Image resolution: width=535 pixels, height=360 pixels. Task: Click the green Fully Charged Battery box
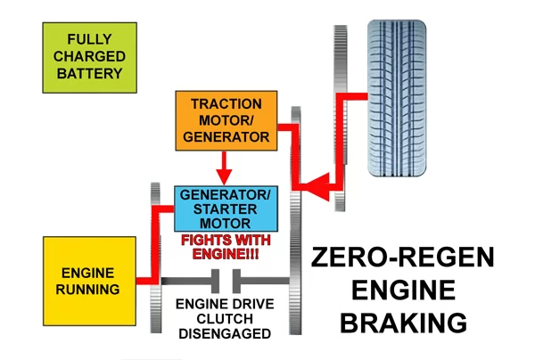click(x=83, y=56)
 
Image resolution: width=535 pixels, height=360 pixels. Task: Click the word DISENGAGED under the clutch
click(x=218, y=334)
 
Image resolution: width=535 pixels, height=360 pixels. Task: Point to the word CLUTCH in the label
click(x=218, y=318)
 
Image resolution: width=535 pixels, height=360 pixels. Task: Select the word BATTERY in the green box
click(x=83, y=73)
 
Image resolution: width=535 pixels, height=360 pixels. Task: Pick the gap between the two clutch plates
click(x=226, y=283)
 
